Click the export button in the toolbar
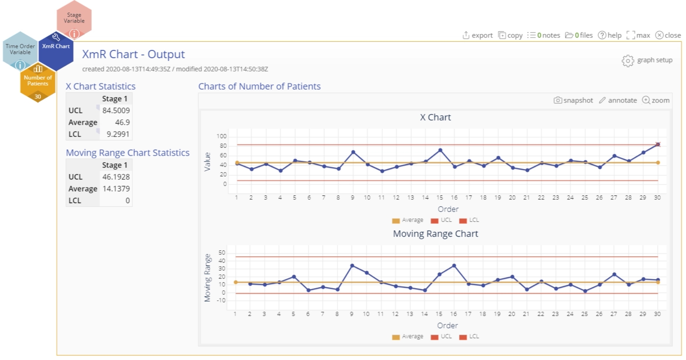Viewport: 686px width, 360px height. [x=477, y=35]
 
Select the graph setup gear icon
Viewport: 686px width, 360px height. [x=628, y=60]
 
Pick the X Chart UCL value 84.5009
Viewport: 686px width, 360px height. [x=116, y=111]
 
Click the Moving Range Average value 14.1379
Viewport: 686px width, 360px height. [x=116, y=189]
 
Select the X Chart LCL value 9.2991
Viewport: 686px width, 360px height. [x=118, y=134]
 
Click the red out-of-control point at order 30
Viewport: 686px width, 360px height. [x=658, y=145]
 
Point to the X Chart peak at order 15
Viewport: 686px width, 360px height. [x=440, y=150]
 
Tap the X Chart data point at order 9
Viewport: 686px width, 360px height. [x=353, y=152]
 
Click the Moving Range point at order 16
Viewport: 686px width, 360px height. [x=454, y=266]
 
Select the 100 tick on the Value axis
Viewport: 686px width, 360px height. [x=221, y=136]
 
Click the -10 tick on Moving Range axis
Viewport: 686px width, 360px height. [x=221, y=300]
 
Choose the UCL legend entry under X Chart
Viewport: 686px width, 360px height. [x=441, y=220]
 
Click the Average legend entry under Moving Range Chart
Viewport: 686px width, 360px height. [x=408, y=337]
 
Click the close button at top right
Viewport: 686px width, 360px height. [x=668, y=35]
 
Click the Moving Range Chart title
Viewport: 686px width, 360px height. [x=435, y=234]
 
